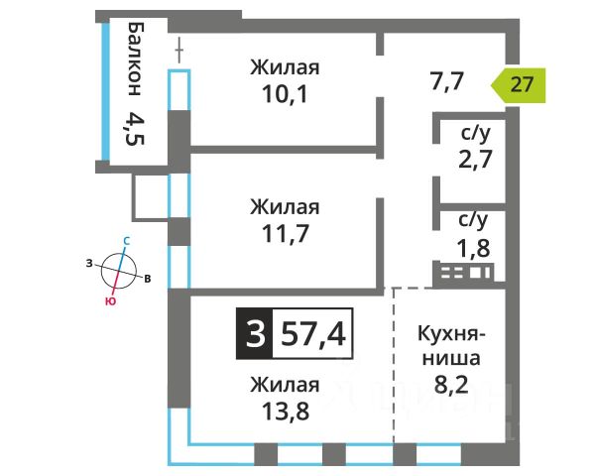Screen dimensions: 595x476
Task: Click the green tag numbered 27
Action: (519, 85)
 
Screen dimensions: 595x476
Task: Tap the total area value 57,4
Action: (313, 334)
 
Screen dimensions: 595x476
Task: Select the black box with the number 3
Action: (255, 334)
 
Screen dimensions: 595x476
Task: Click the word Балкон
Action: (135, 59)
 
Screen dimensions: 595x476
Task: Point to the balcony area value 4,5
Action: (135, 129)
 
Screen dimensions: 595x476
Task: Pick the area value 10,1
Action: (285, 94)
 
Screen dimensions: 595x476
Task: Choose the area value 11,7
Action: (286, 233)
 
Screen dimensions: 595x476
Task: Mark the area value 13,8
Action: (286, 412)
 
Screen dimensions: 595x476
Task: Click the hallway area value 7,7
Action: (447, 81)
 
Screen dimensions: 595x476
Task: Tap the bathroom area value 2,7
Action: (475, 159)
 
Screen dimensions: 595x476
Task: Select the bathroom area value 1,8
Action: (473, 249)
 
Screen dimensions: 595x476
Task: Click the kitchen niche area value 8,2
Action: (451, 385)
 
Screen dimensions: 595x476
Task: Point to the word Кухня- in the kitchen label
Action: (451, 334)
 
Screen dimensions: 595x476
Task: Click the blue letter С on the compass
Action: (127, 241)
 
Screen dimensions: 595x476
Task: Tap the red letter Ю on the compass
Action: (110, 301)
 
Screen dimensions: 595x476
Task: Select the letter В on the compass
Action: (148, 279)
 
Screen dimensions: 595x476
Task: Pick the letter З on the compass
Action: (89, 263)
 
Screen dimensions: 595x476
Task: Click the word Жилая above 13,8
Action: (285, 385)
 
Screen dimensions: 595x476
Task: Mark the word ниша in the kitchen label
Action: (451, 359)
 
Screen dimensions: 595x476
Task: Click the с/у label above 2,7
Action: (476, 134)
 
